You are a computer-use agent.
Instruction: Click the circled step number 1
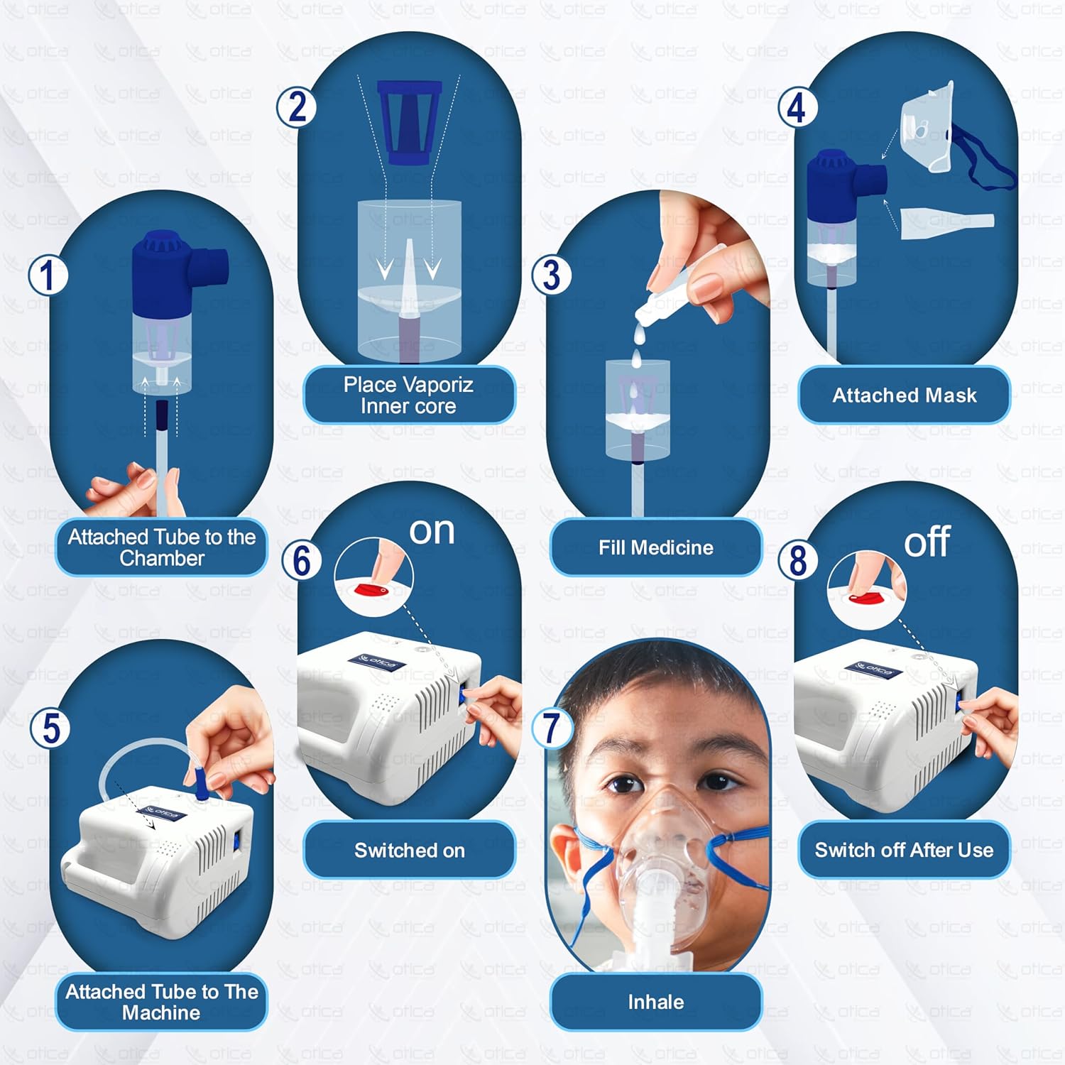click(48, 276)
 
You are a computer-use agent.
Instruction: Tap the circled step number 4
click(797, 108)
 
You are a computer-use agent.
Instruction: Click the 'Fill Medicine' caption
click(655, 547)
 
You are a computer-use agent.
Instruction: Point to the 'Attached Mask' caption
click(904, 395)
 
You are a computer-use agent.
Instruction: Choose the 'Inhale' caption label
click(655, 1002)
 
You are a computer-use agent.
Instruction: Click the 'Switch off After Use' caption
click(904, 850)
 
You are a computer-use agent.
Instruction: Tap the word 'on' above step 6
click(432, 530)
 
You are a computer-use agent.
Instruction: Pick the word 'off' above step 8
click(927, 542)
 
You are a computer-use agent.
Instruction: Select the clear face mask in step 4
click(927, 128)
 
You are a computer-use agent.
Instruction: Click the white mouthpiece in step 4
click(946, 222)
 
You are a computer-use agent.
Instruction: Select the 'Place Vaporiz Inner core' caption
click(408, 395)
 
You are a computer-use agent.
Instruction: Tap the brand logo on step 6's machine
click(376, 663)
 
